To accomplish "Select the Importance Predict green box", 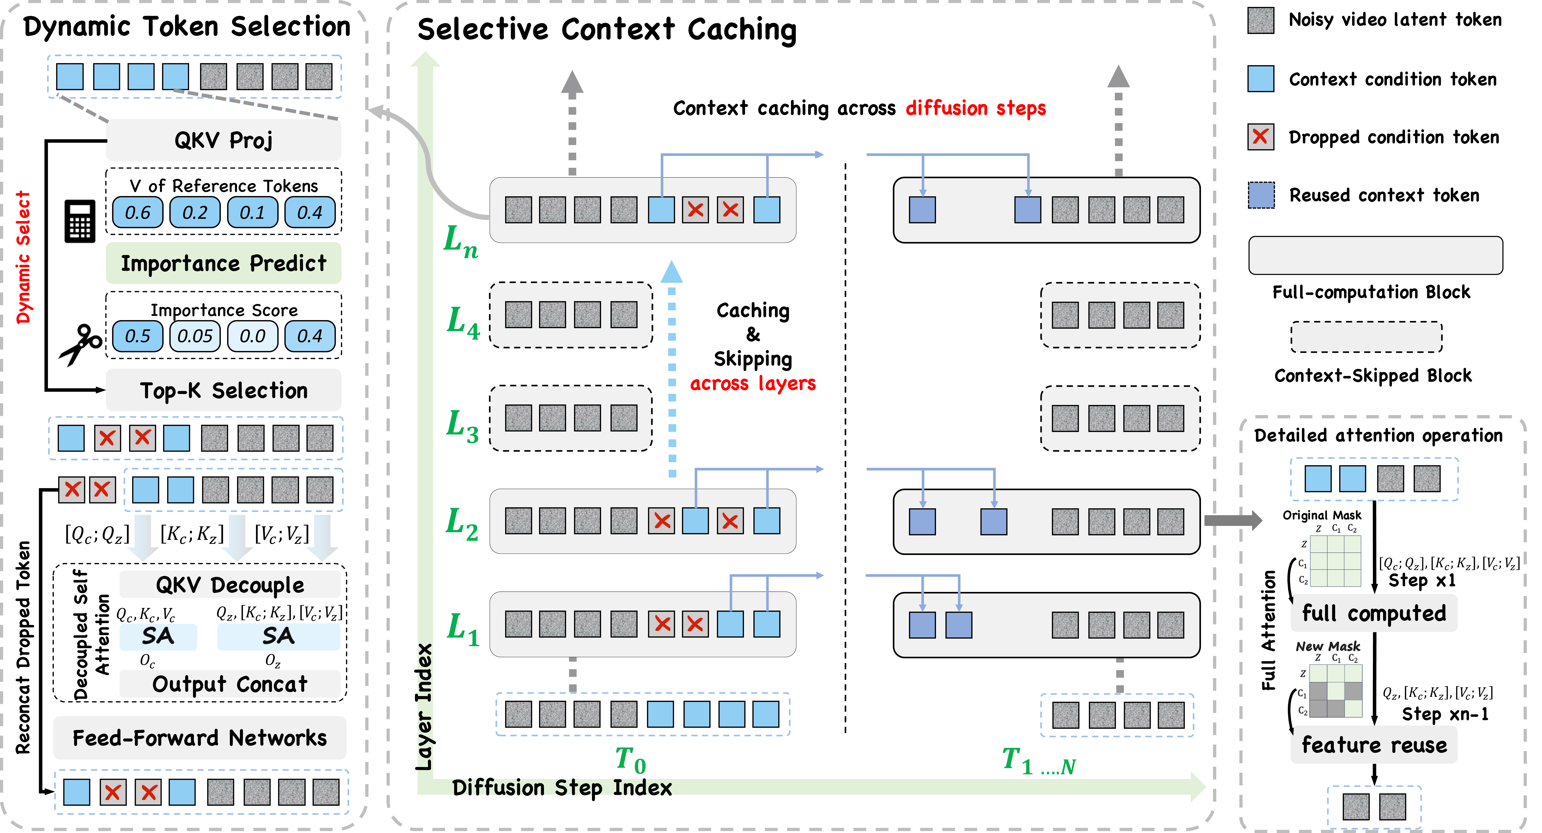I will coord(223,263).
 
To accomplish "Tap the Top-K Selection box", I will coord(223,390).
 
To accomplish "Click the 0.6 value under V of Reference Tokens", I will coord(138,212).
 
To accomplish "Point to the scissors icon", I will coord(81,344).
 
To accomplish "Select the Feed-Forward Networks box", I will coord(199,738).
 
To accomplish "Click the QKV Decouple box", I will coord(230,585).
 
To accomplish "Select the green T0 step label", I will coord(630,760).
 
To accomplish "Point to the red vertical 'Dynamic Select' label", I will coord(23,257).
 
